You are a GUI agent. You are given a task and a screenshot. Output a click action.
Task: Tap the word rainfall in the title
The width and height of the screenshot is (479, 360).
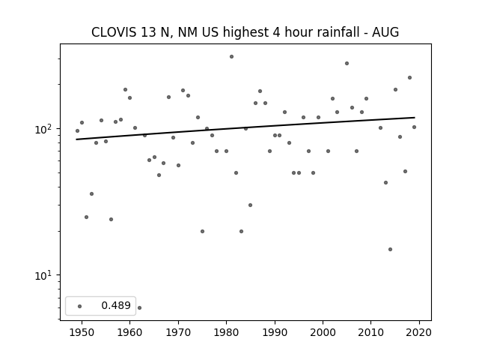pyautogui.click(x=339, y=32)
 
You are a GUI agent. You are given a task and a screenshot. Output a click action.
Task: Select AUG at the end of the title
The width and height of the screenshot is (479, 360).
pyautogui.click(x=385, y=32)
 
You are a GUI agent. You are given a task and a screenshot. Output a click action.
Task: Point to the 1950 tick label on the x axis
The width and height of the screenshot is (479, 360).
pyautogui.click(x=82, y=332)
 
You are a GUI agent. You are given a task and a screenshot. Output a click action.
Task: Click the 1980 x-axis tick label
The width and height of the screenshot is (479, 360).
pyautogui.click(x=226, y=332)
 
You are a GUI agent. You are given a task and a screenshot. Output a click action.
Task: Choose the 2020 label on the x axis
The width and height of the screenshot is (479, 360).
pyautogui.click(x=419, y=332)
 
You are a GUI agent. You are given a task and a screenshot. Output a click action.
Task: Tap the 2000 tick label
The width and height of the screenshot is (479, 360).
pyautogui.click(x=323, y=332)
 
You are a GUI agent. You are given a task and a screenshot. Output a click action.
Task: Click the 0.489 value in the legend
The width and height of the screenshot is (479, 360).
pyautogui.click(x=116, y=305)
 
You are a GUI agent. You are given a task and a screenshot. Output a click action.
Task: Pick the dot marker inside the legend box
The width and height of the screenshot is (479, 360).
pyautogui.click(x=80, y=306)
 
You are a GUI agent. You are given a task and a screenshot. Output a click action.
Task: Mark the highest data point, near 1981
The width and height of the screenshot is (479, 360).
pyautogui.click(x=231, y=57)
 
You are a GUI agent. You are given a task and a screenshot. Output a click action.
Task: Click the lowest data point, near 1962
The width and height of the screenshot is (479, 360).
pyautogui.click(x=140, y=307)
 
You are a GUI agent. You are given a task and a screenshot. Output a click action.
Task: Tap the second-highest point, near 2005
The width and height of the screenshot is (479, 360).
pyautogui.click(x=347, y=63)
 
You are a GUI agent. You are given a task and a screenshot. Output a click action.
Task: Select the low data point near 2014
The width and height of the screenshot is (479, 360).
pyautogui.click(x=390, y=249)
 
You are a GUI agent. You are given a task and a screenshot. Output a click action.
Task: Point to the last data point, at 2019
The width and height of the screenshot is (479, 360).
pyautogui.click(x=414, y=127)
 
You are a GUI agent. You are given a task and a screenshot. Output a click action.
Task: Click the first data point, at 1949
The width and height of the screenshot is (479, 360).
pyautogui.click(x=77, y=130)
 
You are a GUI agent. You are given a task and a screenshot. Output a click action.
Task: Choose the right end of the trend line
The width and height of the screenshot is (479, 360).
pyautogui.click(x=415, y=117)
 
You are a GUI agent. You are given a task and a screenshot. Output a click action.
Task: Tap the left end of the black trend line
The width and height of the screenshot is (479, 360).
pyautogui.click(x=76, y=139)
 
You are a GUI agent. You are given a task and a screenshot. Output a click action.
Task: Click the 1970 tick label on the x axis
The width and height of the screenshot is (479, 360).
pyautogui.click(x=178, y=332)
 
